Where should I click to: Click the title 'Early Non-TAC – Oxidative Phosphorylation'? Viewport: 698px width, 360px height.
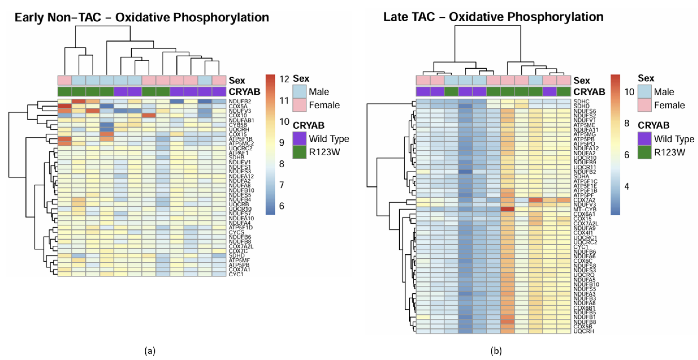142,17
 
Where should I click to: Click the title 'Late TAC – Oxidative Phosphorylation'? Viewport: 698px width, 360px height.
493,17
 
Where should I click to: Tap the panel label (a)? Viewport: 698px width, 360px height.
150,351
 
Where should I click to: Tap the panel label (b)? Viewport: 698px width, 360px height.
496,351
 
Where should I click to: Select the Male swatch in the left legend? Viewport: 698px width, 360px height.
299,92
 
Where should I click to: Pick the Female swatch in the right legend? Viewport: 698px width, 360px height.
644,105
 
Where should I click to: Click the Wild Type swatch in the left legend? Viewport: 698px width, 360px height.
299,139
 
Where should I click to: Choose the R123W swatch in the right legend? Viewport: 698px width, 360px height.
644,152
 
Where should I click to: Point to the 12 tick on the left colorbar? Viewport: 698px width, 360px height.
284,79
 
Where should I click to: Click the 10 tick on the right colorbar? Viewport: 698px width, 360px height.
629,92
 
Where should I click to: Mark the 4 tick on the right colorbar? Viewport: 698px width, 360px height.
627,186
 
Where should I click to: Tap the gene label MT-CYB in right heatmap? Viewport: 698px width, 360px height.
585,209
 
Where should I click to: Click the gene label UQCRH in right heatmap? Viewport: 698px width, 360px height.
584,331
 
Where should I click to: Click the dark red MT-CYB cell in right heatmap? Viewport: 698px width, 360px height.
508,209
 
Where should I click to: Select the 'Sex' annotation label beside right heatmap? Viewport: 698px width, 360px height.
582,81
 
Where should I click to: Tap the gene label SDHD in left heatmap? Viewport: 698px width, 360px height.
236,255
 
